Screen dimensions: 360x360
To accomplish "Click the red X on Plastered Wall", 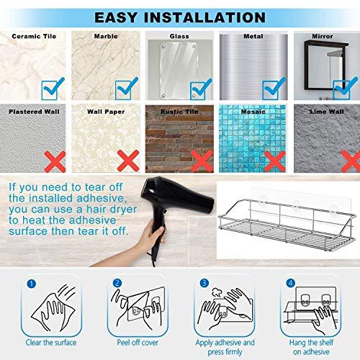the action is [x=55, y=161].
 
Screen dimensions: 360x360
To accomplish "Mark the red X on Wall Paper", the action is [x=128, y=161].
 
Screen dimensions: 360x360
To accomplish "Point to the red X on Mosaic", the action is [x=275, y=161].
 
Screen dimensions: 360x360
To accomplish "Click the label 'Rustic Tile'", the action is [x=179, y=112].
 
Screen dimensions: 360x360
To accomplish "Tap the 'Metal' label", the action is [x=253, y=36].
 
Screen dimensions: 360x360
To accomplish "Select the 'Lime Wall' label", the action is [x=327, y=112].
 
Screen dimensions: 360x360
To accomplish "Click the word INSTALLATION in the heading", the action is [x=204, y=17].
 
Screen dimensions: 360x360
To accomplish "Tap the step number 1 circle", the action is [x=32, y=284].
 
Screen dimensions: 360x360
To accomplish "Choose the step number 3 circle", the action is [x=204, y=283].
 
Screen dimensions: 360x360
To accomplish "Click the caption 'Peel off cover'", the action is [x=138, y=343].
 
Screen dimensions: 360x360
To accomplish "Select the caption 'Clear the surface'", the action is [x=51, y=343].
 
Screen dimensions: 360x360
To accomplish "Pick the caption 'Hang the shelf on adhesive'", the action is [x=311, y=347].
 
